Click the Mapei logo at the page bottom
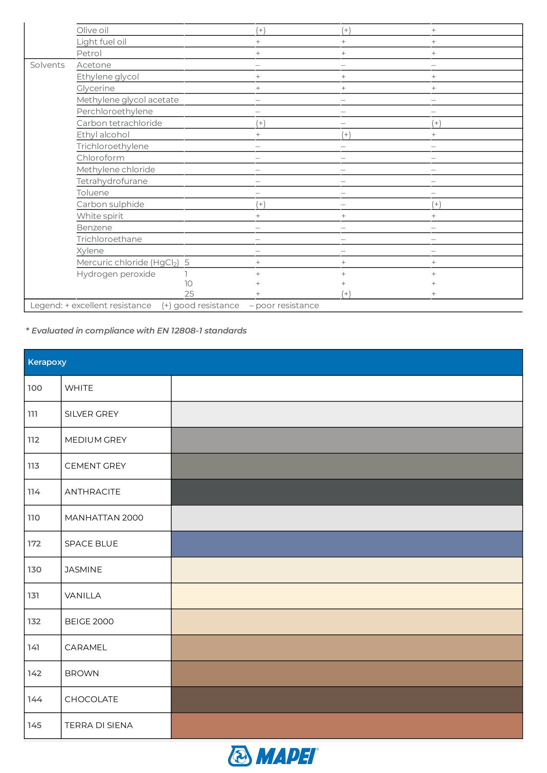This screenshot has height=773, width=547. point(273,756)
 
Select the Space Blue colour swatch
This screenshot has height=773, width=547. point(346,544)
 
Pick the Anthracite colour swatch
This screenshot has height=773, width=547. point(346,492)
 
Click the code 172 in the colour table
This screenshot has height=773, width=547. point(34,544)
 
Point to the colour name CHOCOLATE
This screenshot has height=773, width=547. point(91,699)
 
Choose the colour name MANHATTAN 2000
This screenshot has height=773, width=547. point(104,518)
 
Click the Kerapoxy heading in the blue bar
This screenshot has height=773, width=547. point(47,362)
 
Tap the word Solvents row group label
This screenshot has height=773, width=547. point(47,65)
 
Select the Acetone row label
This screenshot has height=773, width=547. point(94,65)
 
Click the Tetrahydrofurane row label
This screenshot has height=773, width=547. point(112,181)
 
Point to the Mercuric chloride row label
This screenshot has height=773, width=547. point(128,263)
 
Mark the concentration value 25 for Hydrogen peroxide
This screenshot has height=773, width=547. point(189,294)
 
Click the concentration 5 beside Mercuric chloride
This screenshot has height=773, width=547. point(187,263)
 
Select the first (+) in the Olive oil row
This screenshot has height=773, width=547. point(260,30)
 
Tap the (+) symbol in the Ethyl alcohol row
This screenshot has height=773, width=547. point(346,135)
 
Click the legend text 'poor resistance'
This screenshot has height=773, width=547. point(287,305)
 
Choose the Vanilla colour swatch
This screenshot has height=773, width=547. point(346,596)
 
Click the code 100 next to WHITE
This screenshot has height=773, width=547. point(35,388)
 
